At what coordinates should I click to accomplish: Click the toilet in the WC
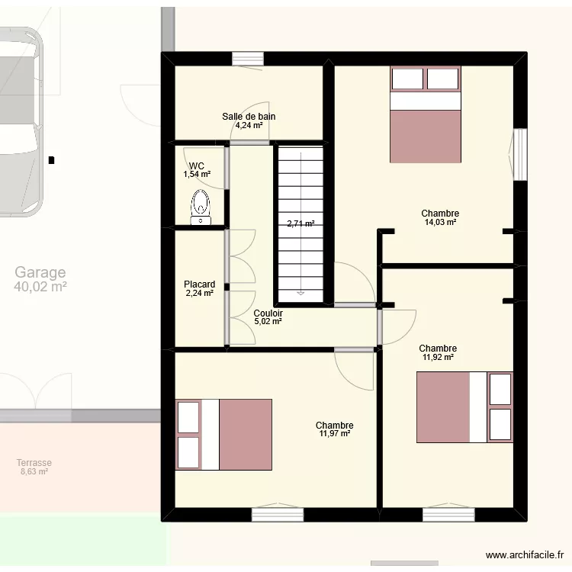201,207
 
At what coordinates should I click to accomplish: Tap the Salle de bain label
249,117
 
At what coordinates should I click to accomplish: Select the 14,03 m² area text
440,222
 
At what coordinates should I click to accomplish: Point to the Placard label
200,284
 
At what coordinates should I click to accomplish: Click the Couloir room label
268,313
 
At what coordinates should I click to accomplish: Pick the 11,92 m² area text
438,357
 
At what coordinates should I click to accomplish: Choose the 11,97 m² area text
335,433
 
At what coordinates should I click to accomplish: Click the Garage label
40,272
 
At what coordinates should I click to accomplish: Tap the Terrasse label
34,463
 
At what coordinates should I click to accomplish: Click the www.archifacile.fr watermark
525,555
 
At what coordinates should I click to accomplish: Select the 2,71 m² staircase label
300,223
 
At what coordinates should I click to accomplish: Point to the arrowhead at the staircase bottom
300,293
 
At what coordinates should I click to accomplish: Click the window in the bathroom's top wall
248,59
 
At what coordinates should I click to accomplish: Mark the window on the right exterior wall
520,154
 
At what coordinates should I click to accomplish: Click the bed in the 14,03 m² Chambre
426,114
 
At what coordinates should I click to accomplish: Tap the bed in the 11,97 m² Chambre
223,435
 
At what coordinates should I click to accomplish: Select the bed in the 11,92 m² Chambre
464,407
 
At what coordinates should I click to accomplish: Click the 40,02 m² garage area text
40,287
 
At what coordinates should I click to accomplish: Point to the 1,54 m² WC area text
197,175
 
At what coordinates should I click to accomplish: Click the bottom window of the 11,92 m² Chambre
448,514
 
